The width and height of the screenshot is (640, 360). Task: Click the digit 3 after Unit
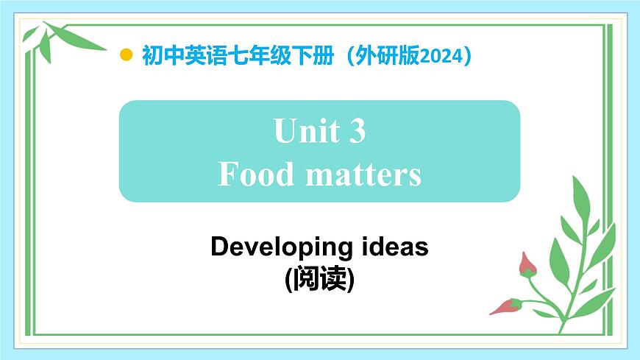pos(356,132)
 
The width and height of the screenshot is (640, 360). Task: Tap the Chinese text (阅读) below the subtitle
pos(319,279)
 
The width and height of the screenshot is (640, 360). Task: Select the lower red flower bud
pos(506,306)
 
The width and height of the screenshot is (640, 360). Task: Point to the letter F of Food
pos(228,174)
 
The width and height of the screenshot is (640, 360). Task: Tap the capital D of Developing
pos(218,247)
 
